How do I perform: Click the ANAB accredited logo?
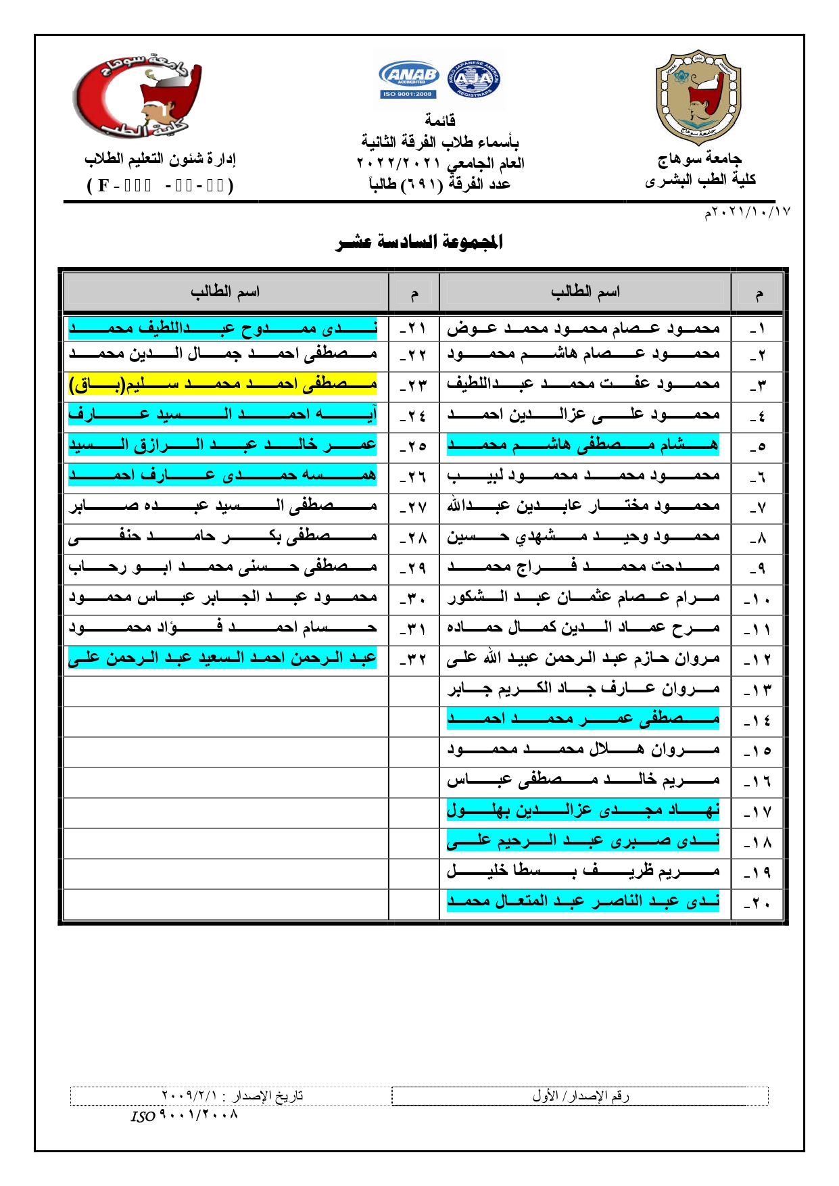pyautogui.click(x=410, y=80)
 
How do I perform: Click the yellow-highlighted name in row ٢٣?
pyautogui.click(x=222, y=384)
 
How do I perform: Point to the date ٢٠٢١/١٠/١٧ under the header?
pyautogui.click(x=747, y=212)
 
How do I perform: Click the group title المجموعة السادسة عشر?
pyautogui.click(x=419, y=242)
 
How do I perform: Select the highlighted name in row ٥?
pyautogui.click(x=583, y=445)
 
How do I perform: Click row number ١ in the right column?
pyautogui.click(x=758, y=330)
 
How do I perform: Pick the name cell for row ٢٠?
pyautogui.click(x=583, y=901)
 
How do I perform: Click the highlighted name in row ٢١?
pyautogui.click(x=222, y=329)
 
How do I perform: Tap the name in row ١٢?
pyautogui.click(x=583, y=658)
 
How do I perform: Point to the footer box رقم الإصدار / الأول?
pyautogui.click(x=580, y=1096)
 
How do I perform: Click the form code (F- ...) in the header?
pyautogui.click(x=160, y=185)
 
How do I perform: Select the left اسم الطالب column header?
pyautogui.click(x=225, y=292)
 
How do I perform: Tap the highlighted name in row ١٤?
pyautogui.click(x=583, y=719)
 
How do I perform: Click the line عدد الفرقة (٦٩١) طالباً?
pyautogui.click(x=439, y=184)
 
